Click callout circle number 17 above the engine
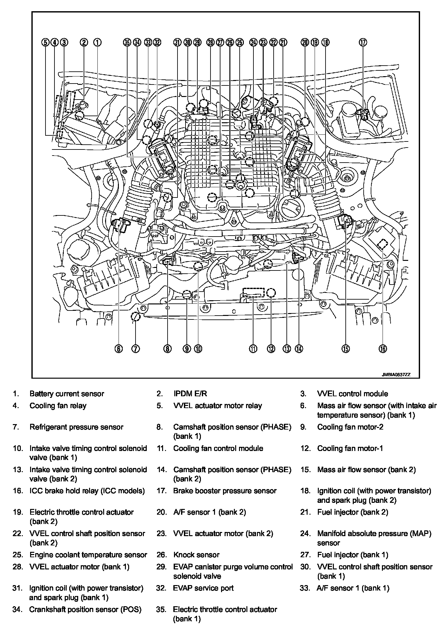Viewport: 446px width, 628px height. tap(363, 42)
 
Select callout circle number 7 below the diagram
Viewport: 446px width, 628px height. tap(136, 349)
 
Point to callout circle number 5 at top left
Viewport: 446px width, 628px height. tap(45, 42)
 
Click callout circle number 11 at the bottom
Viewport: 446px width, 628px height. tap(253, 349)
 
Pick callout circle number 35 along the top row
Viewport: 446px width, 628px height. tap(127, 42)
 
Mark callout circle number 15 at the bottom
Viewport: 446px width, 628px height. tap(345, 349)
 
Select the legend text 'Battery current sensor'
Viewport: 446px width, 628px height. tap(67, 394)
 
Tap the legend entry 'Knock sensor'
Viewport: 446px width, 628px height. tap(196, 555)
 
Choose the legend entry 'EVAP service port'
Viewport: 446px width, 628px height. tap(203, 588)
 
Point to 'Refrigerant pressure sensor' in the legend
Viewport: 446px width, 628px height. tap(76, 427)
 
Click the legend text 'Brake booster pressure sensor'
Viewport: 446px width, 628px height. tap(225, 491)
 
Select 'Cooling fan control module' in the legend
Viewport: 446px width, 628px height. tap(218, 448)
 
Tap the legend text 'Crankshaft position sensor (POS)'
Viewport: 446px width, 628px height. tap(85, 609)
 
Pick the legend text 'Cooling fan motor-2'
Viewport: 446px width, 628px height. tap(350, 427)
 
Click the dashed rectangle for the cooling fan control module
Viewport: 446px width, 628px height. tap(254, 293)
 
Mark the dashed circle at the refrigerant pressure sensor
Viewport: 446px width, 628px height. tap(136, 316)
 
